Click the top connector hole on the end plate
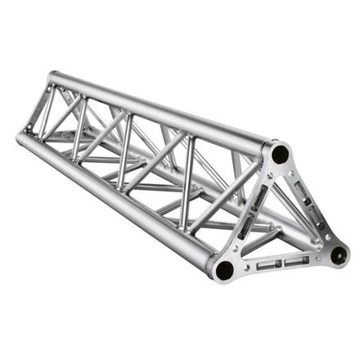[x=280, y=153]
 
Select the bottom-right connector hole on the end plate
[x=337, y=253]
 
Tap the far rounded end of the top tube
[x=53, y=78]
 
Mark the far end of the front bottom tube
[x=22, y=135]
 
